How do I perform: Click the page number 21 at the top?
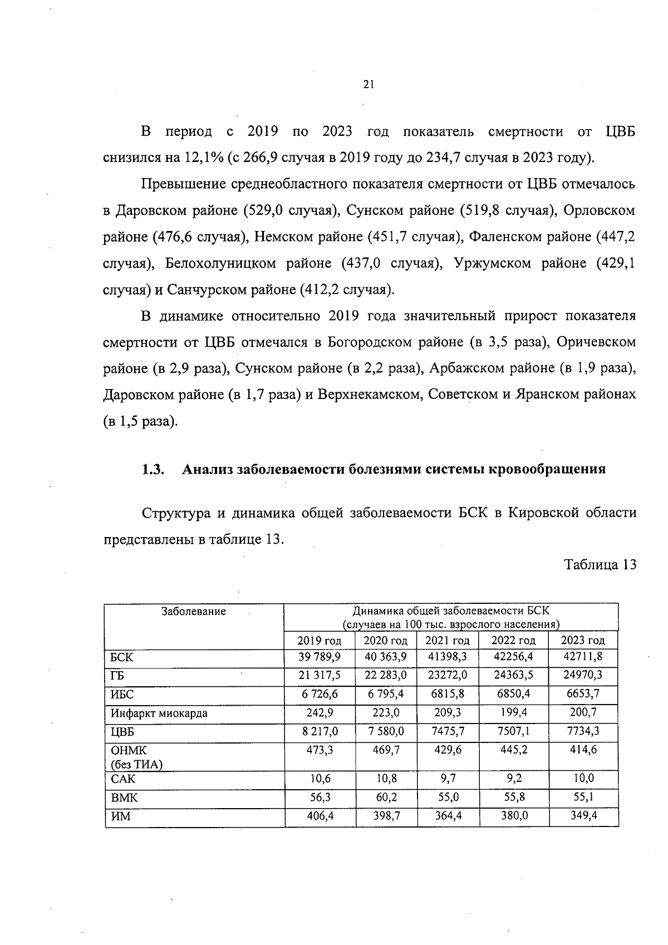point(368,85)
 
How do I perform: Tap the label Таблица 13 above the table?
point(600,565)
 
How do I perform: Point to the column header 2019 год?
point(320,640)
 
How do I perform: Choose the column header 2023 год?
point(583,640)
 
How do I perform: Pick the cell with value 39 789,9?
point(320,657)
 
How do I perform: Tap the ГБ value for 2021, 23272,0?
point(447,675)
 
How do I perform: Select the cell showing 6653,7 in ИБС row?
point(583,694)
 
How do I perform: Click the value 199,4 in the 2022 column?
point(513,712)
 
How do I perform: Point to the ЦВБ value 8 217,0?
point(320,731)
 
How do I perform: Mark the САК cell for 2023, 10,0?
point(583,779)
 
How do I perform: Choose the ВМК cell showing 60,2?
point(386,797)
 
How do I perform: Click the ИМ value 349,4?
point(583,815)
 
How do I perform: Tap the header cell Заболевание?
point(194,612)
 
